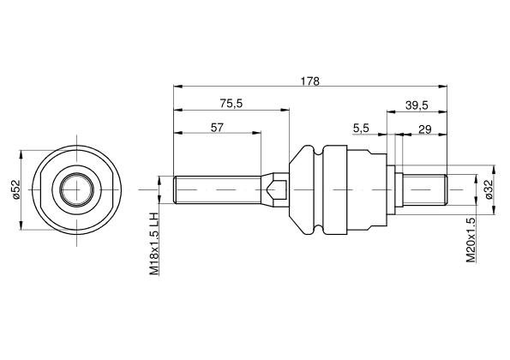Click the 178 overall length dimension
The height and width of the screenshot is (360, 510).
pyautogui.click(x=310, y=81)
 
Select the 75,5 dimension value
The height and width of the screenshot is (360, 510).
pyautogui.click(x=231, y=104)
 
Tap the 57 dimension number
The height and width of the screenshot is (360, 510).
pyautogui.click(x=217, y=128)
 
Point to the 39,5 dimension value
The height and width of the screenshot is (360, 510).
pyautogui.click(x=417, y=105)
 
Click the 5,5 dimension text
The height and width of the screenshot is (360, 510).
pyautogui.click(x=362, y=129)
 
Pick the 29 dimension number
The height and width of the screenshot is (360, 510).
pyautogui.click(x=425, y=129)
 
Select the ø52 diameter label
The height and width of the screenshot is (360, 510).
pyautogui.click(x=15, y=189)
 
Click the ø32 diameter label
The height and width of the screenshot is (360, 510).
pyautogui.click(x=489, y=189)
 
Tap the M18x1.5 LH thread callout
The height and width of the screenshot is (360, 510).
pyautogui.click(x=153, y=244)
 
